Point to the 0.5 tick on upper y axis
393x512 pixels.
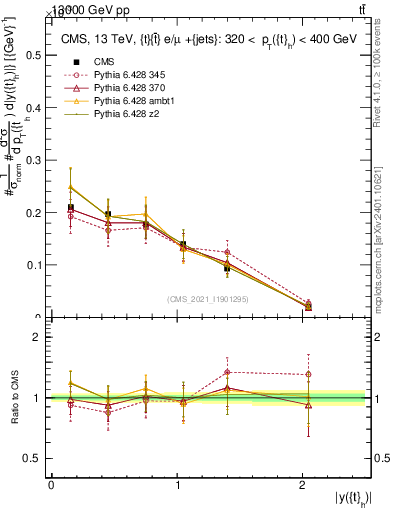(x=36, y=55)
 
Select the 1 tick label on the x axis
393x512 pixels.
(x=178, y=485)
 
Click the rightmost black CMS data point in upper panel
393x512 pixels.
(x=307, y=307)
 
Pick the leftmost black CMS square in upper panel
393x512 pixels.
(x=70, y=208)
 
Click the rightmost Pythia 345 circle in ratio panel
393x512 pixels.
(x=307, y=374)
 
